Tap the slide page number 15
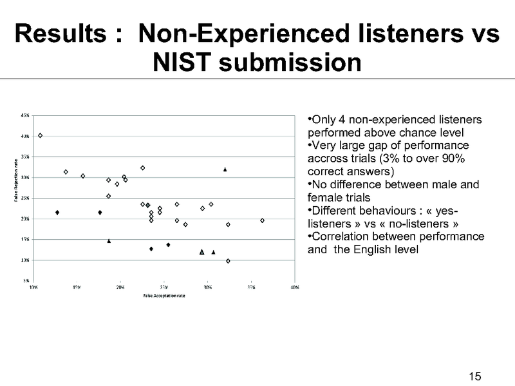(x=475, y=376)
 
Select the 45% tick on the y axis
(x=24, y=115)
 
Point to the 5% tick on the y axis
(x=25, y=281)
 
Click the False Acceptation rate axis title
(x=164, y=296)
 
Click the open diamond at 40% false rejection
(x=40, y=135)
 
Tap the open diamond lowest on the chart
(x=228, y=261)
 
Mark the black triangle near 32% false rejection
(x=225, y=169)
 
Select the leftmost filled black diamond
(x=57, y=213)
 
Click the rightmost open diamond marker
(x=262, y=220)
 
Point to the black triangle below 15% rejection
(x=109, y=241)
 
